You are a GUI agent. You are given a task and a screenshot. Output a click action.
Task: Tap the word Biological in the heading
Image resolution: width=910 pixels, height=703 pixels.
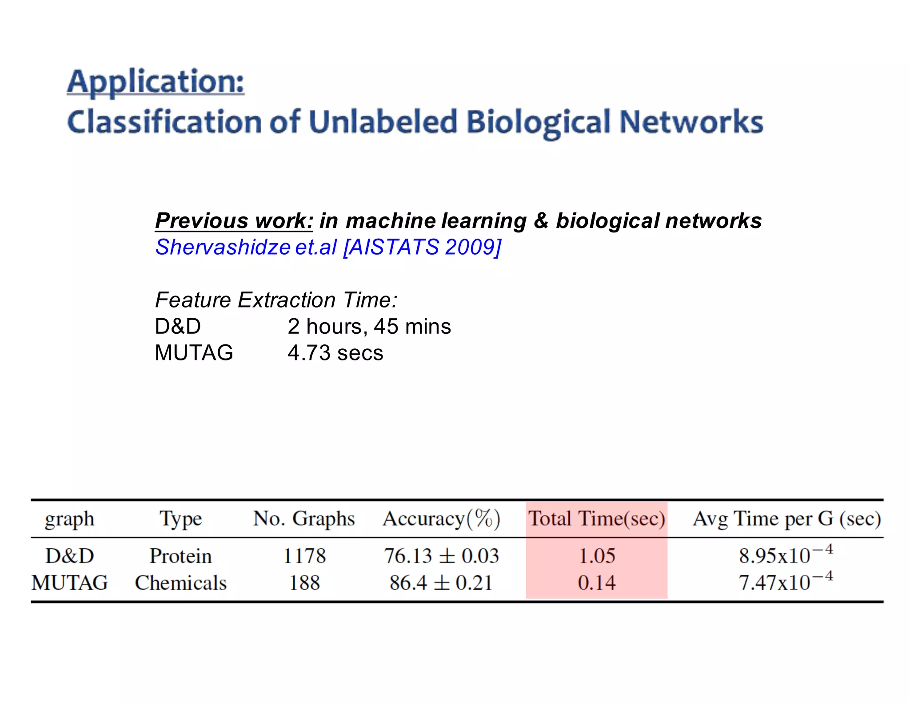tap(538, 122)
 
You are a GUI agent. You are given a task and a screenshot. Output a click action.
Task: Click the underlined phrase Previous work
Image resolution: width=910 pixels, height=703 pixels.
tap(234, 221)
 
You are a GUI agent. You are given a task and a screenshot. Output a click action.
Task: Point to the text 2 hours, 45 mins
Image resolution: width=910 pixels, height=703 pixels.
tap(369, 327)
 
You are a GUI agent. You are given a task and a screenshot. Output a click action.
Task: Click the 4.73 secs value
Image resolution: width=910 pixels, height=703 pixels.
tap(335, 353)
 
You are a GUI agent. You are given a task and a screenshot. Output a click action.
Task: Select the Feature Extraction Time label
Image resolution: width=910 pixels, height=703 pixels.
tap(276, 300)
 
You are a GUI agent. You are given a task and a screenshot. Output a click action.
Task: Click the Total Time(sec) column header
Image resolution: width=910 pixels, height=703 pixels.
tap(596, 519)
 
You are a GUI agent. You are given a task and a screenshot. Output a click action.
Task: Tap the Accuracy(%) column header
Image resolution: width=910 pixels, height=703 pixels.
tap(441, 519)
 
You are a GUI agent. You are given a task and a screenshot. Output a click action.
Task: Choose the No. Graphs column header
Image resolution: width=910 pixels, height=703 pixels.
tap(304, 519)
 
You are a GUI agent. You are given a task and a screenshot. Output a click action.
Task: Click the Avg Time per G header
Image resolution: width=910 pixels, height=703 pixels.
tap(786, 519)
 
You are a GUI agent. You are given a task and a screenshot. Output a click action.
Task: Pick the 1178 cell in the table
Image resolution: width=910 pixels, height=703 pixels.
tap(304, 556)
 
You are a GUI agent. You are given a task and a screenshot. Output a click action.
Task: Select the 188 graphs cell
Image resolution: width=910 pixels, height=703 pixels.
tap(304, 583)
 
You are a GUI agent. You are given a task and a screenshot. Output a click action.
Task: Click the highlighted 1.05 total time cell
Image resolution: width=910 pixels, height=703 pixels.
tap(597, 556)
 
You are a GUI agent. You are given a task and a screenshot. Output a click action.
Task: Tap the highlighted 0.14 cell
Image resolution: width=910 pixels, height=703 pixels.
tap(597, 583)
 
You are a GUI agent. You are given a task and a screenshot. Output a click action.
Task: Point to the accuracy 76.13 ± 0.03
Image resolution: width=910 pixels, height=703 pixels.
tap(441, 556)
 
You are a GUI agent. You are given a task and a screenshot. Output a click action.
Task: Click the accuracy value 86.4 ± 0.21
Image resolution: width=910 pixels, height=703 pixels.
tap(441, 583)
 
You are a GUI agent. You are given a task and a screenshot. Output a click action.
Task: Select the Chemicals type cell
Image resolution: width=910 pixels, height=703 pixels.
tap(180, 583)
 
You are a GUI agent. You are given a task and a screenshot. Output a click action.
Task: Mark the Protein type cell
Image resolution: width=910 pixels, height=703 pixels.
tap(180, 556)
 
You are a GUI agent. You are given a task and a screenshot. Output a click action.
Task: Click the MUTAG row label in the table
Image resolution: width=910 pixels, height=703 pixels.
tap(70, 583)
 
